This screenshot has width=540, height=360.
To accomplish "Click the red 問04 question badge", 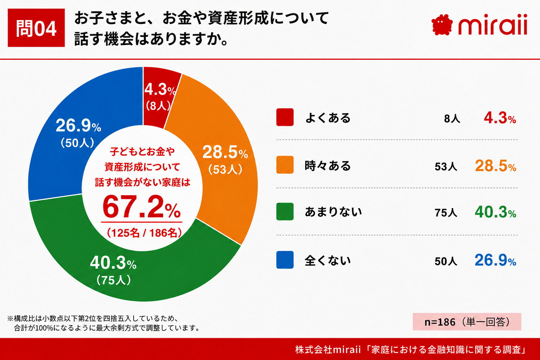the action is pos(36,28).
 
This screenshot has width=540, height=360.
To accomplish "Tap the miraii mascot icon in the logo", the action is pos(442,25).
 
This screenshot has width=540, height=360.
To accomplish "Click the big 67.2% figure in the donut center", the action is pos(142,207).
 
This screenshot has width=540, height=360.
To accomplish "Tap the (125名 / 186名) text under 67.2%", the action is pos(144,233).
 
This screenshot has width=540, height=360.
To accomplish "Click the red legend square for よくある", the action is pos(285,117).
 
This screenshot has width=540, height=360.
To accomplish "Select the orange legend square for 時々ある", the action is pos(285,165).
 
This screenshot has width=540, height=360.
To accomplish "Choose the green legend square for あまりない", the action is pos(285,212).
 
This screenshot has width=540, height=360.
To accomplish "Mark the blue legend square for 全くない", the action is pos(285,260).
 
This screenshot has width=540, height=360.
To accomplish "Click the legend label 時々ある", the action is pos(328,166).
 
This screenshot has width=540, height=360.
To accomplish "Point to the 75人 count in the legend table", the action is pos(446,213).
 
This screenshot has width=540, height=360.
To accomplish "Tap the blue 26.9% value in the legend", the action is pos(495,260).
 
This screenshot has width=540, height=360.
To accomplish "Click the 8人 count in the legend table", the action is pos(452,118).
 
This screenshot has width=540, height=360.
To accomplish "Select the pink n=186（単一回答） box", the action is pos(467,322).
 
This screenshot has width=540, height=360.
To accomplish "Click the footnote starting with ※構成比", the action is pos(104,323).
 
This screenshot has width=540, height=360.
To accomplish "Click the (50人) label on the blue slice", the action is pos(77,143).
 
